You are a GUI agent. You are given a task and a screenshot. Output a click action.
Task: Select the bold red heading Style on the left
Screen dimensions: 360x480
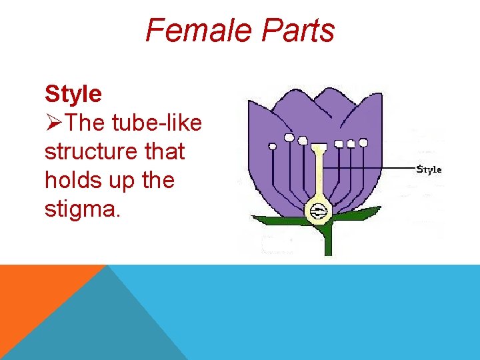coord(73,94)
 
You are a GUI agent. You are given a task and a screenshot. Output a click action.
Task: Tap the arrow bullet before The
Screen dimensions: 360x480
coord(55,123)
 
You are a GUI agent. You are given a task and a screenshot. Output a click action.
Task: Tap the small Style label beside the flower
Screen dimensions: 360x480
coord(429,169)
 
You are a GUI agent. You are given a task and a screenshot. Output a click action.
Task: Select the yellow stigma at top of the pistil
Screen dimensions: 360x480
coord(319,148)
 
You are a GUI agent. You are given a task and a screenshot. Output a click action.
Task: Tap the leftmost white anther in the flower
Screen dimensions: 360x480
coord(272,145)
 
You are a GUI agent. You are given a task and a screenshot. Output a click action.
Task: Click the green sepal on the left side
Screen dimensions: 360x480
coord(280,221)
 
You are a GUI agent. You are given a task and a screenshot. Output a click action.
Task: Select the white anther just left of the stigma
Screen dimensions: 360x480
coord(303,141)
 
